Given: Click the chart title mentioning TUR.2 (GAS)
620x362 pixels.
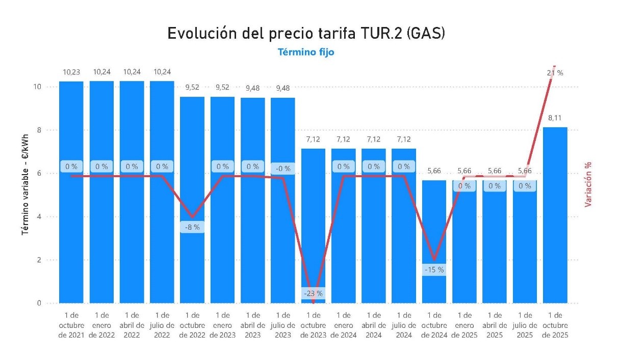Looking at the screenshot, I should click(306, 34).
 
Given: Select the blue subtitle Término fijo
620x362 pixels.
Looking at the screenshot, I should click(306, 52).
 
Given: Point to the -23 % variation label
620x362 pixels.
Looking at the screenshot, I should click(313, 294).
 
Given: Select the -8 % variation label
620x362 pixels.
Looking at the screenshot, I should click(192, 227).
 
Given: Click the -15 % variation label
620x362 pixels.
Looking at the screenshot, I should click(434, 270).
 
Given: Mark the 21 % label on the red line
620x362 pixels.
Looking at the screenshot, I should click(555, 73).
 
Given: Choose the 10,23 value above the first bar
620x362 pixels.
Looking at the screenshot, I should click(71, 72).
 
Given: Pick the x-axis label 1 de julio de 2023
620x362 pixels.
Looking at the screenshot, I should click(283, 325).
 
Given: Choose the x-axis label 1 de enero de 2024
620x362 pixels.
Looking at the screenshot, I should click(343, 325).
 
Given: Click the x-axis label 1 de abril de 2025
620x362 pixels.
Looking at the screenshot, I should click(494, 325).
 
